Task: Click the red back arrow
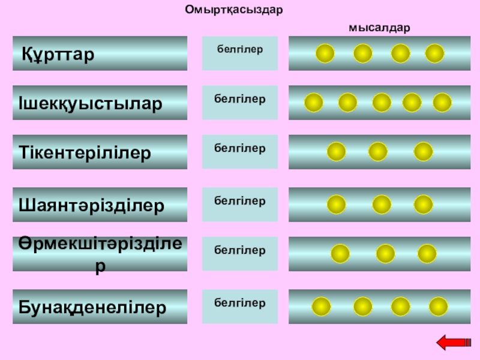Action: tap(454, 343)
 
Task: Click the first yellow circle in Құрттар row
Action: tap(325, 53)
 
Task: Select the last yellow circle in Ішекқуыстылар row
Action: tap(442, 103)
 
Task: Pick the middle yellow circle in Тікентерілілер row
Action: tap(377, 152)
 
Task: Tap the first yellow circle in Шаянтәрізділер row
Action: tap(337, 205)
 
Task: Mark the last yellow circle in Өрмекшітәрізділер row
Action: tap(427, 254)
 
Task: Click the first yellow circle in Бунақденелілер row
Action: tap(321, 307)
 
